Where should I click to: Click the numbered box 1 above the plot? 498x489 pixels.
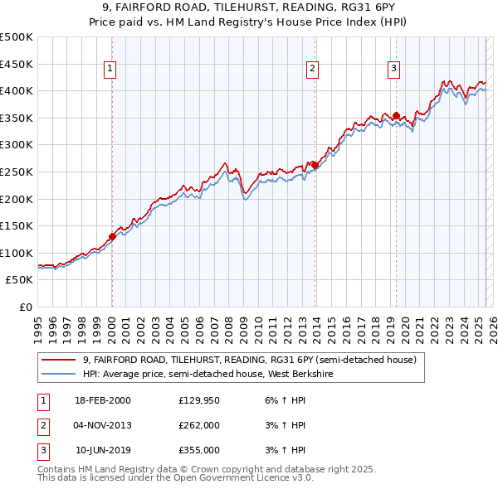coord(110,70)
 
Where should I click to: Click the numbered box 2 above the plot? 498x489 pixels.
coord(312,70)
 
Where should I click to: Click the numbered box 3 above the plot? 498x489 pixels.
coord(393,70)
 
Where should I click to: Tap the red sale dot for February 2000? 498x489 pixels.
coord(112,237)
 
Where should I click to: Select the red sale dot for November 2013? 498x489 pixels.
coord(315,165)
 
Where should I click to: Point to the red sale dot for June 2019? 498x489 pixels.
coord(396,115)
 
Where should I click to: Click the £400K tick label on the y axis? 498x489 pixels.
coord(17,90)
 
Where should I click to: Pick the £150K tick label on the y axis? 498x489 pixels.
coord(17,225)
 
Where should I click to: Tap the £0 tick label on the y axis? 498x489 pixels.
coord(26,307)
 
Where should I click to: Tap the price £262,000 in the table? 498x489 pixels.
coord(199,425)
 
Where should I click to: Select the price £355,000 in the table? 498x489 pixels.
coord(199,450)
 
